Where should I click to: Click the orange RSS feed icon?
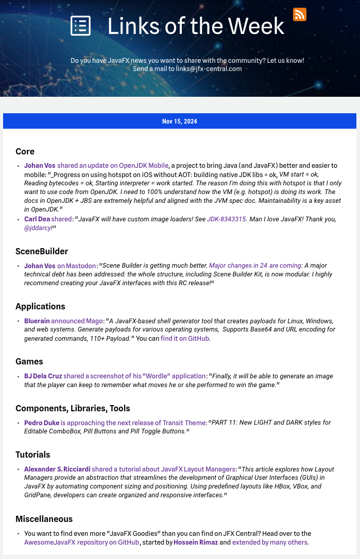(300, 14)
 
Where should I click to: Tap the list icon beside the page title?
(80, 26)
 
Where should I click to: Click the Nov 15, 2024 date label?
(179, 121)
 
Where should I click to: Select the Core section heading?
(25, 151)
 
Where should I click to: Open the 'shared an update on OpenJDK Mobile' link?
(113, 166)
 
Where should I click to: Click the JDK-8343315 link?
(226, 219)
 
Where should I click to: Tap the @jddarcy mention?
(38, 228)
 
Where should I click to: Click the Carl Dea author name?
(37, 219)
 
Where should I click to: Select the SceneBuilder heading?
(42, 251)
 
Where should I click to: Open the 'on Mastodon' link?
(77, 266)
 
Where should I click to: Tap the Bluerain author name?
(37, 321)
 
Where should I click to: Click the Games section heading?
(29, 361)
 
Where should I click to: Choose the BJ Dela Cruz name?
(43, 376)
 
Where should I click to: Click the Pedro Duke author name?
(41, 423)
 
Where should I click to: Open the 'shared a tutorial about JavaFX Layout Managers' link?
(164, 469)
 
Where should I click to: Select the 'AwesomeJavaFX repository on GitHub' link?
(81, 543)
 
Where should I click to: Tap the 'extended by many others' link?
(270, 543)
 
